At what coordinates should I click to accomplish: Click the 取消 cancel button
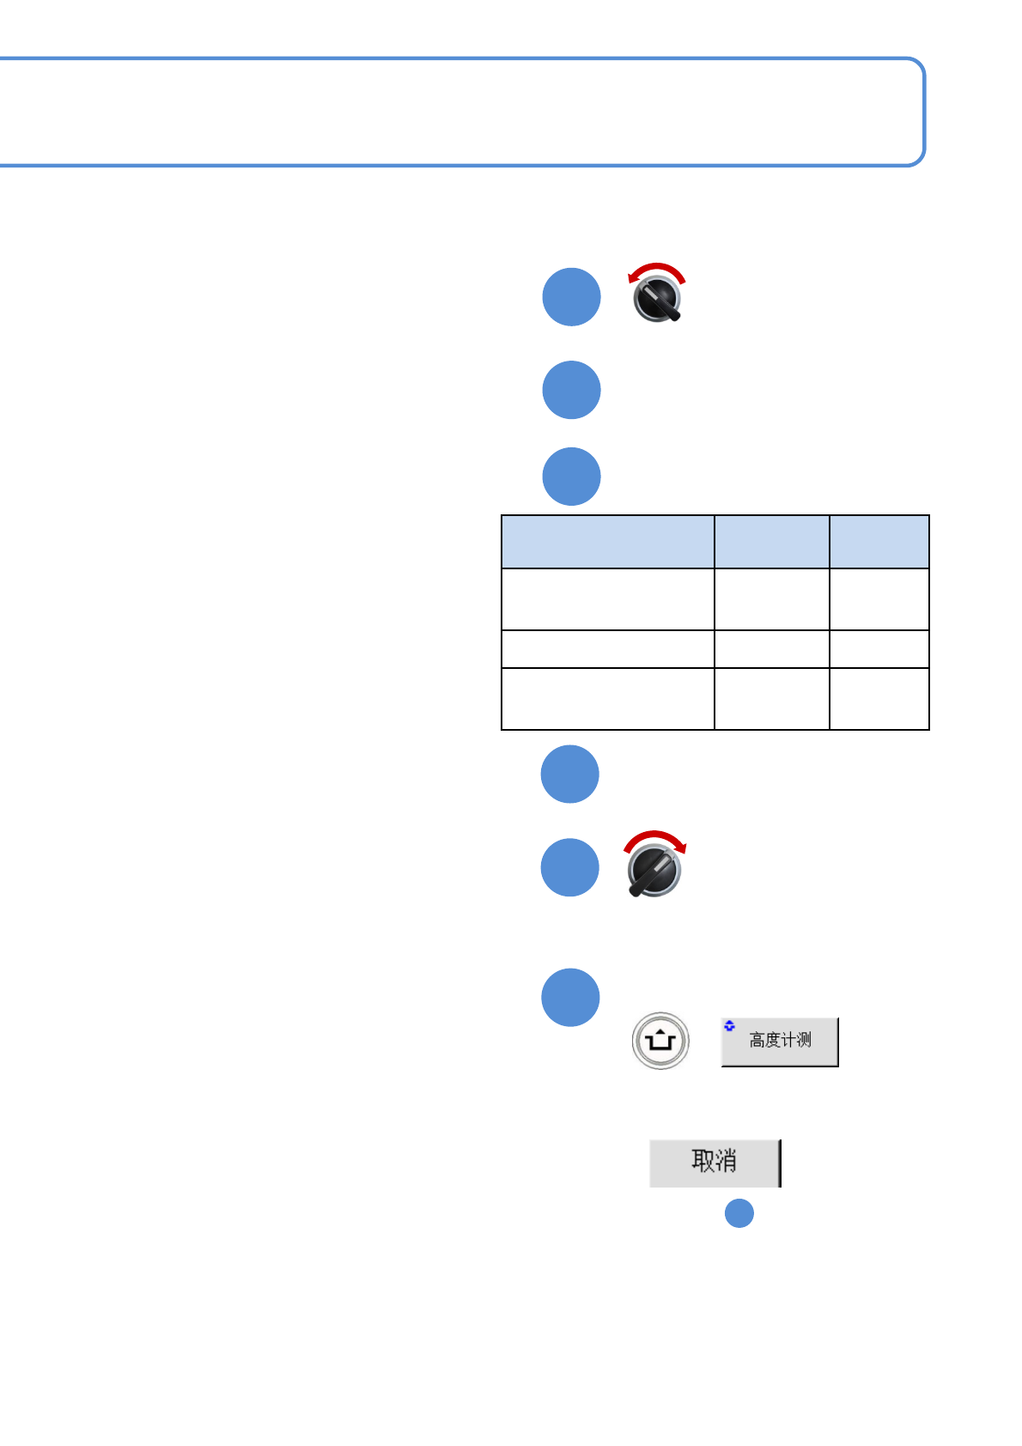point(715,1163)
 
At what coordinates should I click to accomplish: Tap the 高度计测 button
point(780,1042)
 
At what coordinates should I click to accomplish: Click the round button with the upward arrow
point(660,1042)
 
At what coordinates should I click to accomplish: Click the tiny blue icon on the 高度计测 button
point(730,1025)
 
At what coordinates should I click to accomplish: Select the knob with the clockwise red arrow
point(654,869)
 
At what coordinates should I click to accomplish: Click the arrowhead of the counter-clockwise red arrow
point(633,276)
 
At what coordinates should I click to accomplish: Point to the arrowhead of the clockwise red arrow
point(681,848)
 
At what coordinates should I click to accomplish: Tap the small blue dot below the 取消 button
point(739,1213)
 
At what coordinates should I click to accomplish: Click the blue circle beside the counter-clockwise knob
point(571,297)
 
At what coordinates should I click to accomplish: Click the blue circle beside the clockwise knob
point(570,867)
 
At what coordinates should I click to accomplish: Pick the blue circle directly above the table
point(571,477)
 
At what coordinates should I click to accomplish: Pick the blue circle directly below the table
point(570,774)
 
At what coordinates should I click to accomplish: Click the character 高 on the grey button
point(757,1041)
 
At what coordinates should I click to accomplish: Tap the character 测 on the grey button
point(804,1041)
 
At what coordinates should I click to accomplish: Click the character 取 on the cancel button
point(703,1161)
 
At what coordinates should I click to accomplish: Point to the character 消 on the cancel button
point(726,1161)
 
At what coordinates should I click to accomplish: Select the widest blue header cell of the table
point(608,542)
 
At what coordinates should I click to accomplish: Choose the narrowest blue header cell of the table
point(879,542)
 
